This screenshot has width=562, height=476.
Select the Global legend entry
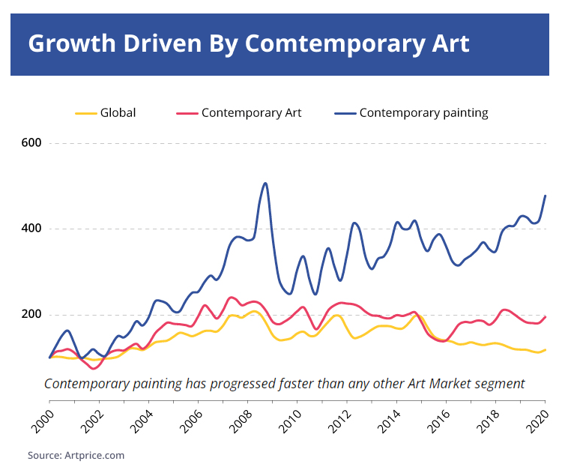118,113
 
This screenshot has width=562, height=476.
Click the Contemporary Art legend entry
251,113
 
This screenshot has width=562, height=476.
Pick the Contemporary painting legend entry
423,113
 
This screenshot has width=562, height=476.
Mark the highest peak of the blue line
265,183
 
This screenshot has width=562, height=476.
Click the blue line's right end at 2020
545,196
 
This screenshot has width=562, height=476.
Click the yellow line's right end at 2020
545,349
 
